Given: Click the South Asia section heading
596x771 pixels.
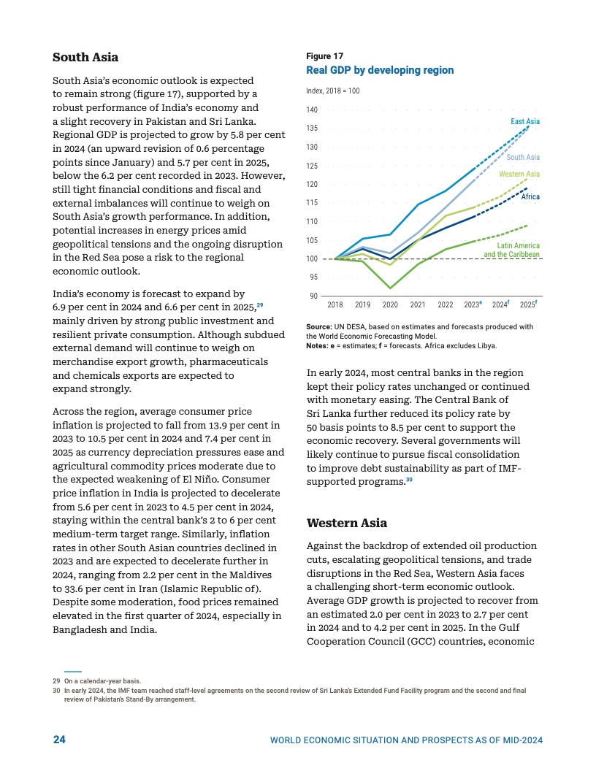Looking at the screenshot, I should (x=85, y=57).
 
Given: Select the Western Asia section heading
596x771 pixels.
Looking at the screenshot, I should (x=347, y=523).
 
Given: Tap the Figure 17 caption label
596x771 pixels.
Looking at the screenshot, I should (x=325, y=56).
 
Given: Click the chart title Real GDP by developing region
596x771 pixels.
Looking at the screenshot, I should (x=381, y=70).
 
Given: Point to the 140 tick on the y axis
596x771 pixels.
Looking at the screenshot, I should (x=312, y=110).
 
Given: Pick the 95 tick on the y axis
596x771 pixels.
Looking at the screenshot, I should (x=313, y=277).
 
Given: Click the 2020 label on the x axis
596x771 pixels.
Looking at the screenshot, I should (x=391, y=304).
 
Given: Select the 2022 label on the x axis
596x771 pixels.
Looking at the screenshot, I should (x=445, y=304).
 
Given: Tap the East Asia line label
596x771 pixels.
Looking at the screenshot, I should (x=525, y=121).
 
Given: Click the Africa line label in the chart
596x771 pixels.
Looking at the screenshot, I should (x=530, y=197).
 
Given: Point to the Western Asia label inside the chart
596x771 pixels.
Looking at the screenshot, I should (x=519, y=174).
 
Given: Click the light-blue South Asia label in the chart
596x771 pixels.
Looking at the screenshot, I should (x=523, y=158).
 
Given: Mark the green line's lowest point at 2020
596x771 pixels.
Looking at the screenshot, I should (x=390, y=288).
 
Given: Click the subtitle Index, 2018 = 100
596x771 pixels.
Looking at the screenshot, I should (x=333, y=91).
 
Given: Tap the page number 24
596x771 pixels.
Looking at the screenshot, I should (x=59, y=740).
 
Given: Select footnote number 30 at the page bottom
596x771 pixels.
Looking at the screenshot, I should (x=56, y=690).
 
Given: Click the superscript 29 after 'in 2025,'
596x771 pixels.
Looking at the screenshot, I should (x=260, y=305).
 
